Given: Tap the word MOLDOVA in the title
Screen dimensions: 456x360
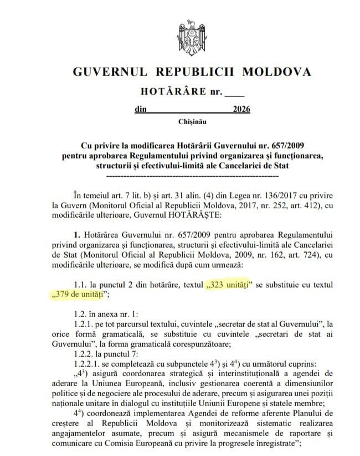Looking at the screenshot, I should pyautogui.click(x=275, y=72).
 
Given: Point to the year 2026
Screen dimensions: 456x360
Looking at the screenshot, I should pyautogui.click(x=241, y=109).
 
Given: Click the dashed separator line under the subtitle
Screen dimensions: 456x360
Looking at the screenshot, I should pyautogui.click(x=192, y=176).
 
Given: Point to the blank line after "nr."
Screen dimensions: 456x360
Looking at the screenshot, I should pyautogui.click(x=234, y=91).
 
